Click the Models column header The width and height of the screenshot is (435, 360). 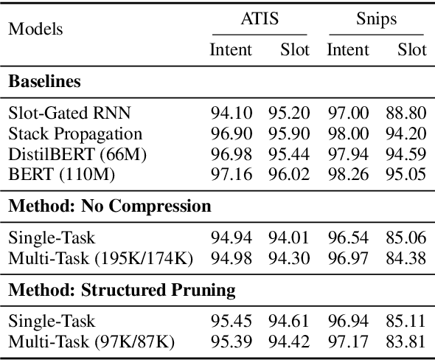pos(35,30)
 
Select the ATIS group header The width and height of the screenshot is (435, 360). pos(260,18)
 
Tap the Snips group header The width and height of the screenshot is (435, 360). pos(375,18)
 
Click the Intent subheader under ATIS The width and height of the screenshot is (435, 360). pos(231,50)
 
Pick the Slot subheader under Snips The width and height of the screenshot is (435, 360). pos(411,50)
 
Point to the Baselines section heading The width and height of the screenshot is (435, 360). pos(44,82)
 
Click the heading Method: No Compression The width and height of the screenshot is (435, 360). pos(109,206)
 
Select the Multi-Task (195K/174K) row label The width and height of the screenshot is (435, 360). pos(100,258)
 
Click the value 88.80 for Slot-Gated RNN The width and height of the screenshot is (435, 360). pos(406,113)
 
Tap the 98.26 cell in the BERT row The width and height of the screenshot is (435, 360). pos(348,176)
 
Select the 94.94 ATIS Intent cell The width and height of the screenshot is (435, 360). pos(232,238)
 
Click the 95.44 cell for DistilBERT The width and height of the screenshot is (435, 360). pos(289,155)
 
